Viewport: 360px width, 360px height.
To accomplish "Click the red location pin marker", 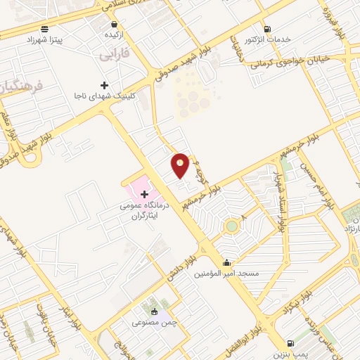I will (x=181, y=165).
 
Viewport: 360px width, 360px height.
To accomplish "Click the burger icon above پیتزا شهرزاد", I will (x=46, y=29).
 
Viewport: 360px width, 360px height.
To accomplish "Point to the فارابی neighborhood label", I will (x=112, y=53).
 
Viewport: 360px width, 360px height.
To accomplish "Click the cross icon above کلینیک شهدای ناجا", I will (x=104, y=84).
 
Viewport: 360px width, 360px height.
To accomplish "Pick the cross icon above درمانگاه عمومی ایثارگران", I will (x=144, y=193).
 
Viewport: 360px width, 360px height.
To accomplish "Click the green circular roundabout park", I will (x=231, y=226).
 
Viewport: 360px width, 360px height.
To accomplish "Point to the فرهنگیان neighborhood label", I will (x=18, y=87).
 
